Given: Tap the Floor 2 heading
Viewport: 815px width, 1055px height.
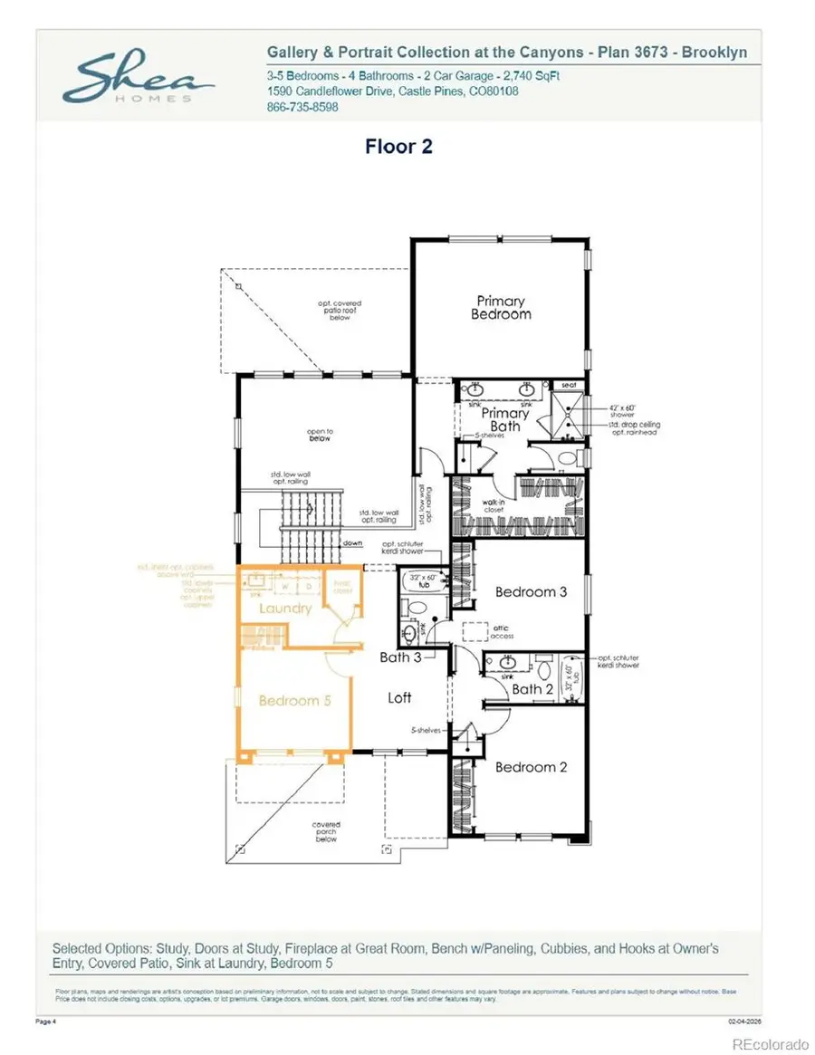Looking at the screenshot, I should point(398,146).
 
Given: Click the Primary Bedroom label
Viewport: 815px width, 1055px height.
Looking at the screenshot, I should point(501,308).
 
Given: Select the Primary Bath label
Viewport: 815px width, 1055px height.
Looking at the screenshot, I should point(505,419).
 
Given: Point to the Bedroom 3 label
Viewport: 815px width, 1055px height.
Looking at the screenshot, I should point(531,591).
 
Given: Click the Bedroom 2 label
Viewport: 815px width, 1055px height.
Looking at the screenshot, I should point(531,767).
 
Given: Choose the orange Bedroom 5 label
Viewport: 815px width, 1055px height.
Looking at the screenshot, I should point(289,700).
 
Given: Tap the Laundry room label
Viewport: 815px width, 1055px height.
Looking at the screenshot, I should point(285,609).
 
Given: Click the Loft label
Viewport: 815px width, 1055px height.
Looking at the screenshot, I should point(399,697).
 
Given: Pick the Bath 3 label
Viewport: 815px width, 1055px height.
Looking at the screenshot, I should point(400,657).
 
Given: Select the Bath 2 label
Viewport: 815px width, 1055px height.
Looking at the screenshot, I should point(532,689).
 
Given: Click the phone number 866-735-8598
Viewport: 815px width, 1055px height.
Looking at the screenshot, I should point(302,107).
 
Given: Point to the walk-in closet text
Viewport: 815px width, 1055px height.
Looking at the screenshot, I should point(493,506).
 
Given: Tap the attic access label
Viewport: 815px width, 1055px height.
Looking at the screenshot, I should point(502,632).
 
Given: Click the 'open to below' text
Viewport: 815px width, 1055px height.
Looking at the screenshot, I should point(318,435).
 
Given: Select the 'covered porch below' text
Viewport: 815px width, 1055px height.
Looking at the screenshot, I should point(326,831).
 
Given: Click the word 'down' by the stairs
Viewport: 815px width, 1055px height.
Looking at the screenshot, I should point(353,543).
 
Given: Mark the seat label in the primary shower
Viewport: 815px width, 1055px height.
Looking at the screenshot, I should point(569,385).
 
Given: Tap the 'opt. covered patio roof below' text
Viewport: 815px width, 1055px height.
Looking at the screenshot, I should point(340,311).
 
